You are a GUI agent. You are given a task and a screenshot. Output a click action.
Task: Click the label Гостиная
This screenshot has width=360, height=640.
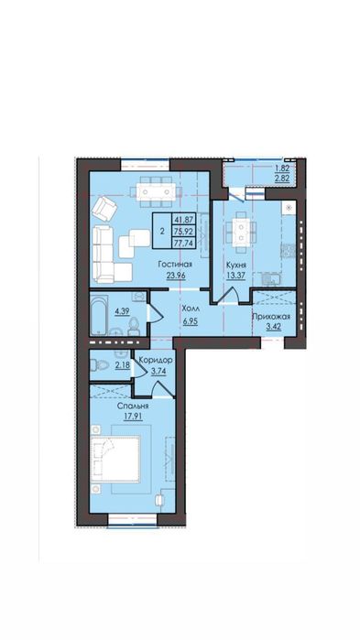tap(175, 265)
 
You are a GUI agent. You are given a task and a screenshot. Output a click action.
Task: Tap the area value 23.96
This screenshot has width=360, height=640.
tap(176, 275)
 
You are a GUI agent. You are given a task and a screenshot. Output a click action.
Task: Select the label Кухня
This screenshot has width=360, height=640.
tap(236, 265)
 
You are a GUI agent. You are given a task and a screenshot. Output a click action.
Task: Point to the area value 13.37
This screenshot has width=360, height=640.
tap(236, 275)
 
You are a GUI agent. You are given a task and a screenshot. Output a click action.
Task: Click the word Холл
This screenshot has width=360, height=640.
tap(190, 309)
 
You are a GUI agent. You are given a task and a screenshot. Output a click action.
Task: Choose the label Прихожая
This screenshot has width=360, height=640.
tap(271, 316)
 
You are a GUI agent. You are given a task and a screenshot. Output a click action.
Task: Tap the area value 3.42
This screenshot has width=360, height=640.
tap(271, 327)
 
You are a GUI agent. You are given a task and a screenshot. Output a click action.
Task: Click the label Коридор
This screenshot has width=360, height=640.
tap(156, 361)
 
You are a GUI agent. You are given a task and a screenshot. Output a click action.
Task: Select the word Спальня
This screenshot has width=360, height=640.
tap(133, 407)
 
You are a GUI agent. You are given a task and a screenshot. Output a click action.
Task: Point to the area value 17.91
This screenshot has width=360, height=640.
tap(133, 417)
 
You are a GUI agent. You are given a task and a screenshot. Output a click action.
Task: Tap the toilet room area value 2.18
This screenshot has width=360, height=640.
tap(122, 365)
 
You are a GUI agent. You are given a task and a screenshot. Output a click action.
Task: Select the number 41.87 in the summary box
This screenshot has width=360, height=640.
tap(183, 219)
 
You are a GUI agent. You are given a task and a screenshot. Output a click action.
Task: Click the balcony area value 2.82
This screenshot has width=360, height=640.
tap(281, 179)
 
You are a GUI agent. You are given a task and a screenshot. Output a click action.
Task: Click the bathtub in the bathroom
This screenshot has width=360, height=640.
tap(100, 314)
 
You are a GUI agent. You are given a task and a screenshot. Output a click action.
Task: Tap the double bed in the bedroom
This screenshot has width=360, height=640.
tap(115, 459)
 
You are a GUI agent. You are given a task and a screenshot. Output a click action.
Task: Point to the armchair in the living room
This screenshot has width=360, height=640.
tap(104, 209)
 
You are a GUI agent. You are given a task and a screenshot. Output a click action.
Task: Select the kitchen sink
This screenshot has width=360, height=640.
tap(268, 280)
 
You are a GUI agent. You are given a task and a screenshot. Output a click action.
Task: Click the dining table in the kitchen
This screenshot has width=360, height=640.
tap(241, 233)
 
